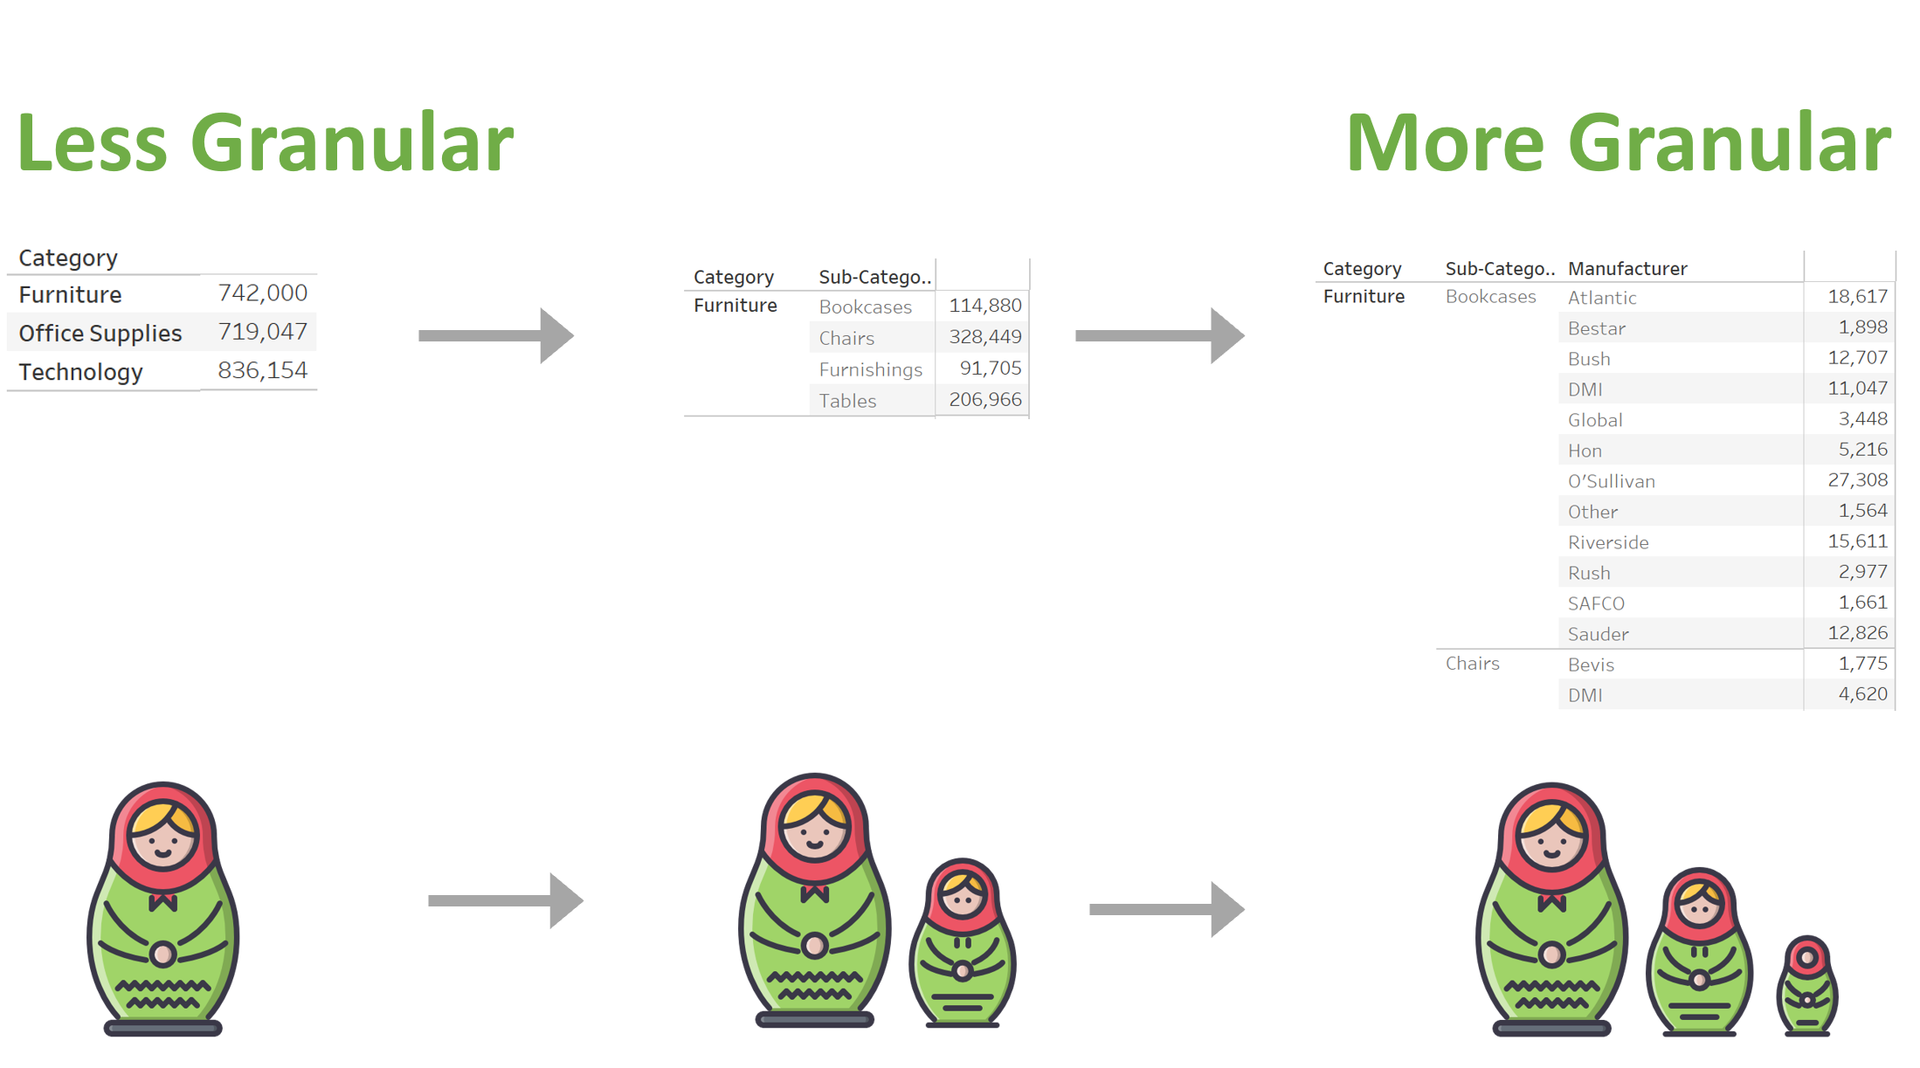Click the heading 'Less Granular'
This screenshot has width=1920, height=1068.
click(266, 142)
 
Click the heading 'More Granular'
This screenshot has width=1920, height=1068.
click(1619, 142)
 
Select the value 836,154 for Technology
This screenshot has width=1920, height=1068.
click(262, 370)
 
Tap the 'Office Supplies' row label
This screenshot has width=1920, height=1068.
click(100, 333)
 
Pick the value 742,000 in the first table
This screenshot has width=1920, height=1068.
click(262, 293)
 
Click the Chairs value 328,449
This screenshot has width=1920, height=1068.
click(985, 336)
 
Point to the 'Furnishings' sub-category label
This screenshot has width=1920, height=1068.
click(870, 369)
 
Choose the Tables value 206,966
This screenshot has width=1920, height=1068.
click(985, 399)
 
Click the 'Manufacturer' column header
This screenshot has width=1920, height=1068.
click(1627, 268)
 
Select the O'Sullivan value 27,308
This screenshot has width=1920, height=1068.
click(1857, 479)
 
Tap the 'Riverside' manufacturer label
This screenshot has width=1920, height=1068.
click(1608, 542)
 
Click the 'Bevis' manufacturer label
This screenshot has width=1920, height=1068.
click(1591, 665)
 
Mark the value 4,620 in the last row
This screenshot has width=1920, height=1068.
click(1862, 693)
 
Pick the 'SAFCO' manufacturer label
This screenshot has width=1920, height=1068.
click(1596, 603)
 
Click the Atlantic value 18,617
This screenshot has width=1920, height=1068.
click(1857, 296)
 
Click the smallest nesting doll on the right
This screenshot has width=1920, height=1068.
click(1807, 986)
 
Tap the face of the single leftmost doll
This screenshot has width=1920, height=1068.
click(162, 837)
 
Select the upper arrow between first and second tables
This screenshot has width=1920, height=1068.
click(496, 335)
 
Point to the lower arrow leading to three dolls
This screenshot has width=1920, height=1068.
click(1167, 909)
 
